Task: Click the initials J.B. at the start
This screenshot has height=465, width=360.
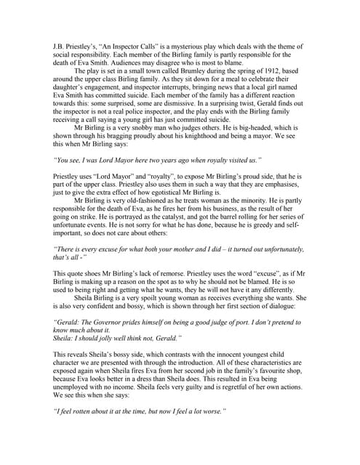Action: click(x=60, y=46)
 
